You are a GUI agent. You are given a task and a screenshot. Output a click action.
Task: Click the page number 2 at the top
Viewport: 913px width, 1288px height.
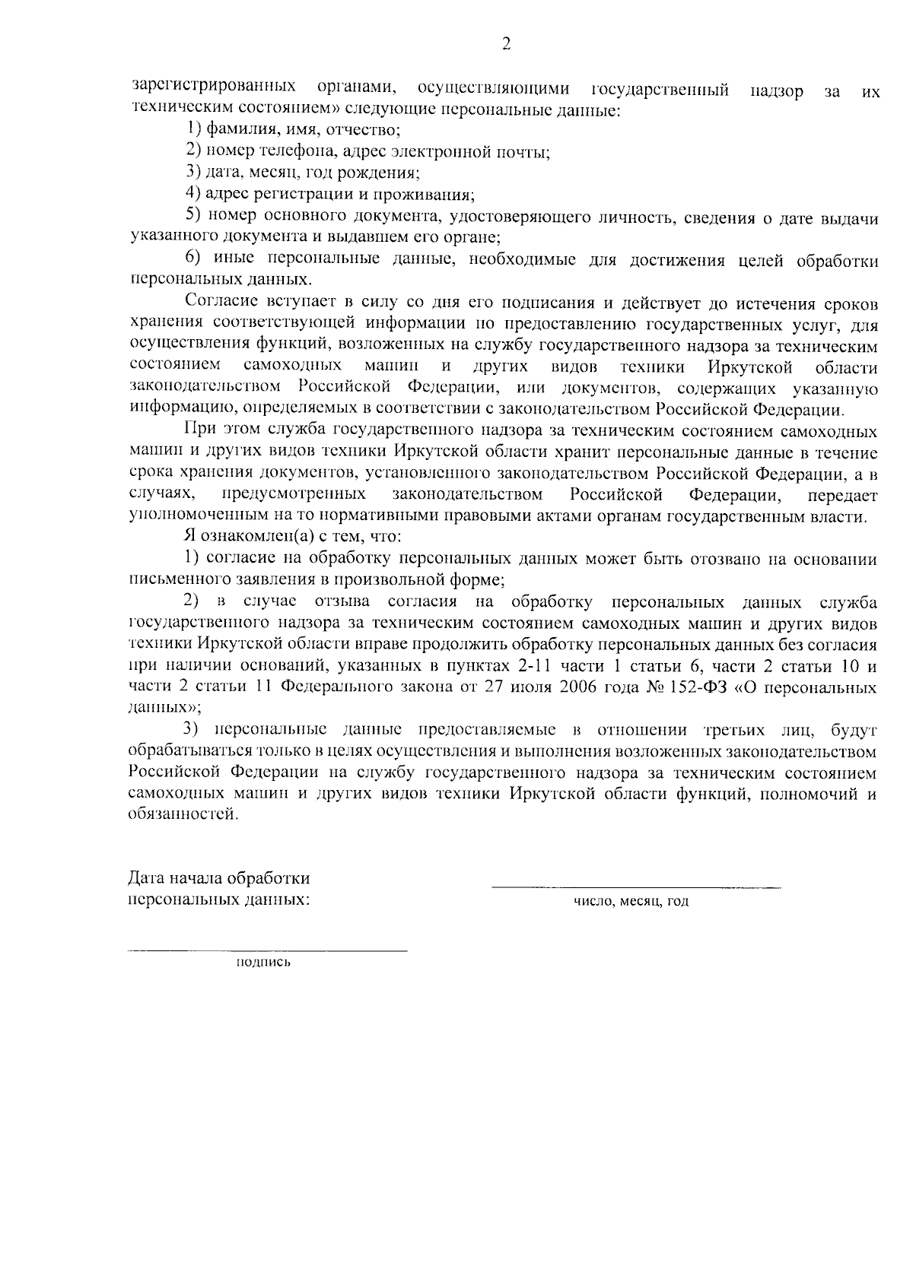(506, 45)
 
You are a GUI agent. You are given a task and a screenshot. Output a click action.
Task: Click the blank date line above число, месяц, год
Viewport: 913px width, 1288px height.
(636, 886)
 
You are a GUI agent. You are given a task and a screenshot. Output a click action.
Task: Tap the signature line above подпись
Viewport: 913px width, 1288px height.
(267, 950)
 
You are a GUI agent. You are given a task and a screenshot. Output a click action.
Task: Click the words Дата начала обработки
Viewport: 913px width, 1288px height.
(219, 879)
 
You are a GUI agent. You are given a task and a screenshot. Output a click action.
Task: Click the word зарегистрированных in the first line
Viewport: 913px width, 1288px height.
(214, 87)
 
